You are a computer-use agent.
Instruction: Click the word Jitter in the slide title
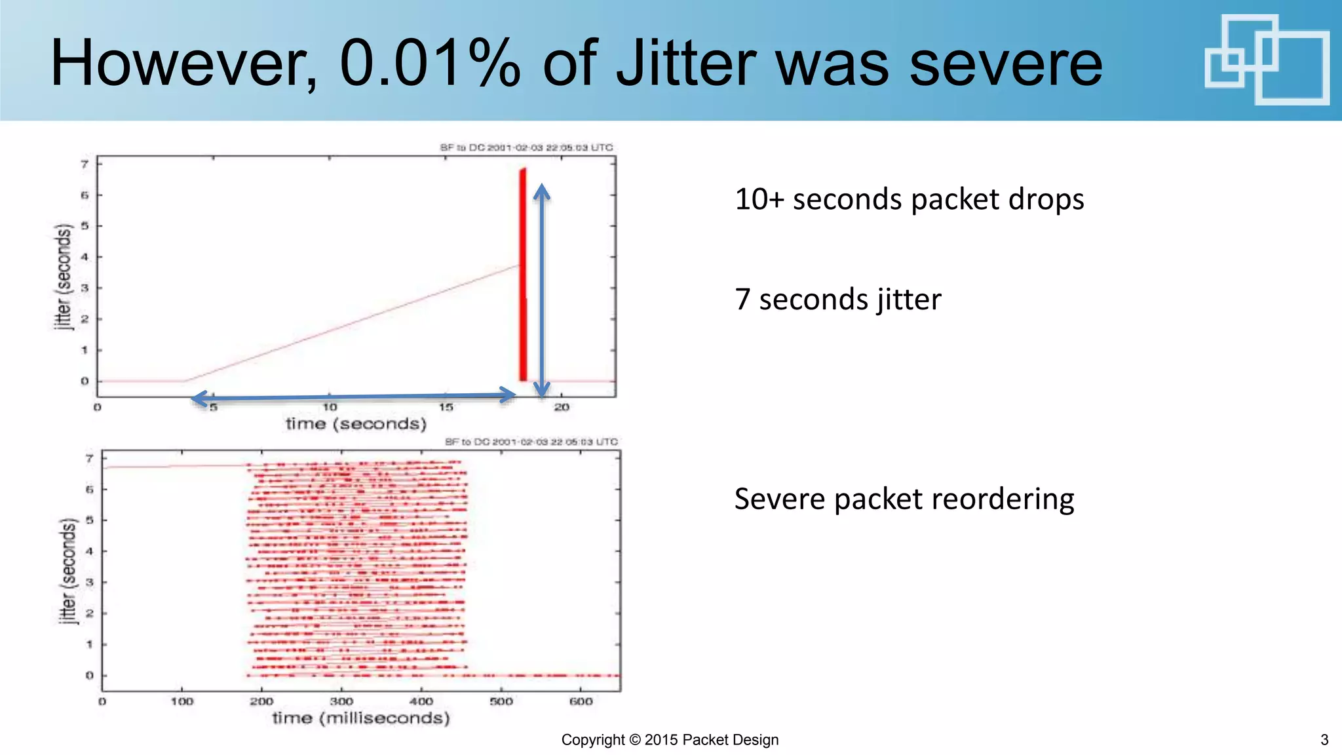[x=688, y=64]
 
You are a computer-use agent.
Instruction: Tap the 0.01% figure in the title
[x=430, y=64]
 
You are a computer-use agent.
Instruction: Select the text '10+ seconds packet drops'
[x=909, y=199]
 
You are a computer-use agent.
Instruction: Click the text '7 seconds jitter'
[x=837, y=300]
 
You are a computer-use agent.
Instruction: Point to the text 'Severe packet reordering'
[x=904, y=499]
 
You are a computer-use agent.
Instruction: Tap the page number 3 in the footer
[x=1324, y=740]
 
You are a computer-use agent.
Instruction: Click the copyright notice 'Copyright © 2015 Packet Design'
[x=670, y=740]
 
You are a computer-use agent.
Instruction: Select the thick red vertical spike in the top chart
[x=523, y=275]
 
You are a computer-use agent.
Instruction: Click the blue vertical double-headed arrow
[x=541, y=290]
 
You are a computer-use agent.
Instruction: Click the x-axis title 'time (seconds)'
[x=356, y=424]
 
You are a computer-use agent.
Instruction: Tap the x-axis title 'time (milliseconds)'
[x=361, y=718]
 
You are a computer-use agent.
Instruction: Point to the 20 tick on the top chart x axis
[x=562, y=408]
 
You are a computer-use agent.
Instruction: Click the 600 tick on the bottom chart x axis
[x=581, y=702]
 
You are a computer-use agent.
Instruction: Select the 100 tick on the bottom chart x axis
[x=182, y=702]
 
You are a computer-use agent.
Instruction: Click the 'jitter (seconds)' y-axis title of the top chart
[x=63, y=277]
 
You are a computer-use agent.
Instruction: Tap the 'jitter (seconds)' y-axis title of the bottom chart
[x=68, y=571]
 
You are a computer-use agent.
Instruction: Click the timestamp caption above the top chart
[x=526, y=147]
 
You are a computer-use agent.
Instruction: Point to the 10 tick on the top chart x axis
[x=330, y=408]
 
